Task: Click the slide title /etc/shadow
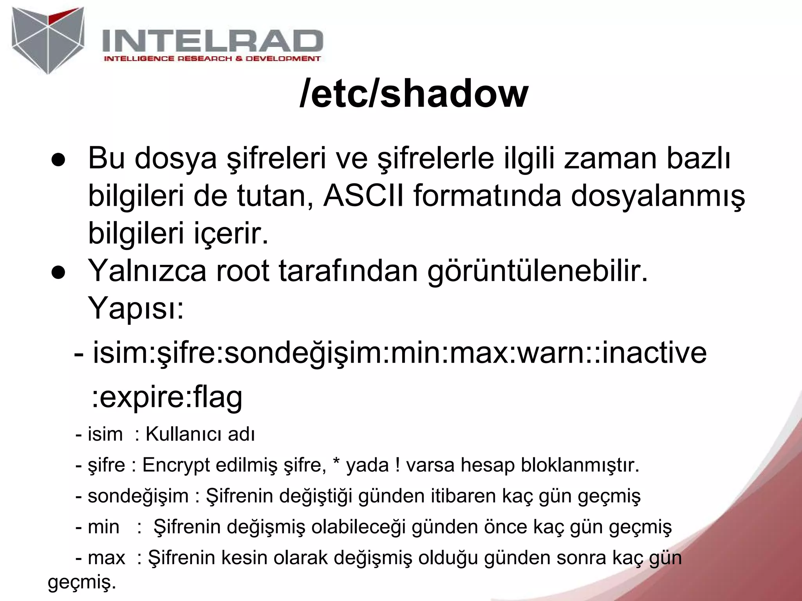click(414, 95)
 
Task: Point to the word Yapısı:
click(135, 308)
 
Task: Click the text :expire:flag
click(167, 397)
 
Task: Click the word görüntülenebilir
click(537, 272)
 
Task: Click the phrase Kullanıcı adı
click(200, 434)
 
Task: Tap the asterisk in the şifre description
click(336, 463)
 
